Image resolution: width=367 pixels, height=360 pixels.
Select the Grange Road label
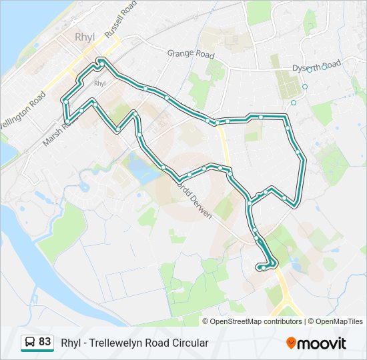coord(191,54)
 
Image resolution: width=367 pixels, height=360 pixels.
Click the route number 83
coord(45,342)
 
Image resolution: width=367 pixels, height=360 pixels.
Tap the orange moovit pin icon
coord(291,343)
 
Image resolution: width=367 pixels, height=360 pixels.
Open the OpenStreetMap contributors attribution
coord(256,321)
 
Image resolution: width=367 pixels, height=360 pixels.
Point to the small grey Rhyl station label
coord(100,83)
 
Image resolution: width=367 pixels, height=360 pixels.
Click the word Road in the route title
coord(159,343)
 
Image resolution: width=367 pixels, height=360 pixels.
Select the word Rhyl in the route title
coord(71,343)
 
